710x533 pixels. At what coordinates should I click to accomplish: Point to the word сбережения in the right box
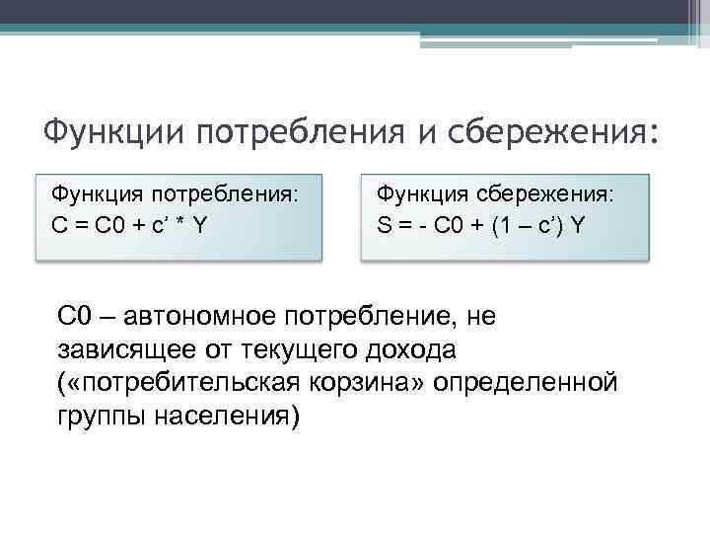(x=552, y=195)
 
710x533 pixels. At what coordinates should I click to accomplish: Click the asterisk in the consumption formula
(x=179, y=224)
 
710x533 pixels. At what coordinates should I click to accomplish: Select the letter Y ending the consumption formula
(x=200, y=224)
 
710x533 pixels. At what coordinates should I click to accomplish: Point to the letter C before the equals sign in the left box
(x=58, y=224)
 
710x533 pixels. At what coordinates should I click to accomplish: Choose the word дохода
(x=421, y=349)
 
